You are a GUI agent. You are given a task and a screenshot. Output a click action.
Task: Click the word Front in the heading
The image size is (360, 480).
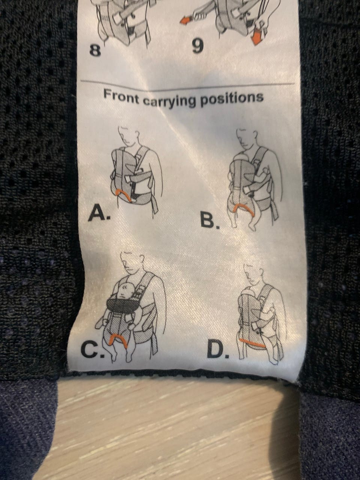pos(121,97)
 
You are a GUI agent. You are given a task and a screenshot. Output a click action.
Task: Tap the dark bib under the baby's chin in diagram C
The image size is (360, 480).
pos(121,304)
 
